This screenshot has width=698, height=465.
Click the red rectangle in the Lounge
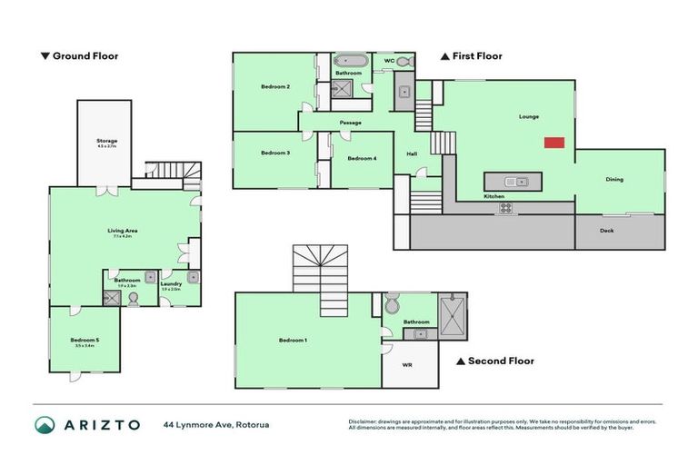click(x=554, y=143)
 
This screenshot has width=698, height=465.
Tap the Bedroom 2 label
click(x=275, y=86)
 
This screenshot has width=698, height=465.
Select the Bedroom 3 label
click(x=275, y=153)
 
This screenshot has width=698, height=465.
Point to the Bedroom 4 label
click(x=362, y=158)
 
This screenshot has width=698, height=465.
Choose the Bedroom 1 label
click(x=293, y=341)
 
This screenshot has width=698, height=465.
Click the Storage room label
click(x=106, y=142)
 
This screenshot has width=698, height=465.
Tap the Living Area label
click(x=121, y=231)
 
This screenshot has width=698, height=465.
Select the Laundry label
click(x=171, y=284)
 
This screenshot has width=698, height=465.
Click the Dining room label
click(x=614, y=179)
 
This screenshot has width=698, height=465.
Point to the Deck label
click(x=607, y=231)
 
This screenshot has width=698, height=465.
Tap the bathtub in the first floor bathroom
click(x=351, y=61)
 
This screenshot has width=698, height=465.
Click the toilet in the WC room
click(x=404, y=61)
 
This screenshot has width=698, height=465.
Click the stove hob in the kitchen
click(x=505, y=208)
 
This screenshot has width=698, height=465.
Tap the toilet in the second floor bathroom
click(x=393, y=304)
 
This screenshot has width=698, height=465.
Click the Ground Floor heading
click(x=80, y=56)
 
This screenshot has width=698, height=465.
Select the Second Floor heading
click(x=495, y=361)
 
